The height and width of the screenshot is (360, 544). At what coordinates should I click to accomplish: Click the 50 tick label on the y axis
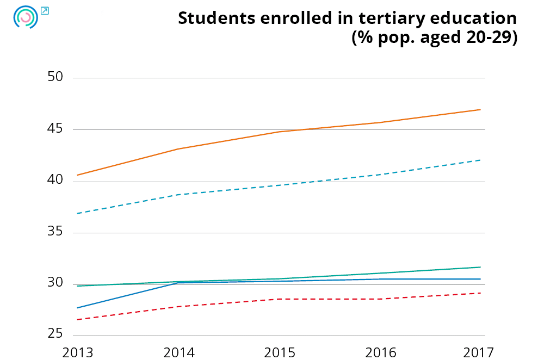(x=55, y=77)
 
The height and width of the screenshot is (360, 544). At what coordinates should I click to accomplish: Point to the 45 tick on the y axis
(x=55, y=129)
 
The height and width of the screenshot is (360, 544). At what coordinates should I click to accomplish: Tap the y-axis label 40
(x=55, y=180)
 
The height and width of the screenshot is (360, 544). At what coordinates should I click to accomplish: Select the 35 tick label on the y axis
(x=55, y=232)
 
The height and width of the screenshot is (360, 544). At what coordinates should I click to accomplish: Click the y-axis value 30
(x=55, y=283)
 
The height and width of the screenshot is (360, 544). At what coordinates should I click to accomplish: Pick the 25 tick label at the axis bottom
(x=55, y=333)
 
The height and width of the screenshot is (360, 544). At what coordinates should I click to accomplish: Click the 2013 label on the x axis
(x=78, y=352)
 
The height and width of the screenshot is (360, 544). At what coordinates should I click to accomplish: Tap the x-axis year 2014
(x=179, y=352)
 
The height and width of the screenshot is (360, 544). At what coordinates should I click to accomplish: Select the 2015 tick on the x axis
(x=280, y=352)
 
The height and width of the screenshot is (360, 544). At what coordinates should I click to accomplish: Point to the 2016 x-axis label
(x=381, y=352)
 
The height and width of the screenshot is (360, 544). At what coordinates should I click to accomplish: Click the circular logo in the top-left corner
(x=25, y=17)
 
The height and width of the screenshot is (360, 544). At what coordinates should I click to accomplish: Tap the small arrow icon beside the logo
(x=45, y=10)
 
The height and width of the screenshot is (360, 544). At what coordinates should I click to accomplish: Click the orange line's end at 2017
(x=480, y=109)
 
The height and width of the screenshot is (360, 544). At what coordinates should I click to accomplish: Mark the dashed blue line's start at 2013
(x=77, y=213)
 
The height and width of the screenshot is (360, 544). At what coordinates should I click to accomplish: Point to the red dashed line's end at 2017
(x=480, y=293)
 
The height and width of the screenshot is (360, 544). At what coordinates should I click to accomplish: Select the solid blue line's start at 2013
(x=77, y=308)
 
